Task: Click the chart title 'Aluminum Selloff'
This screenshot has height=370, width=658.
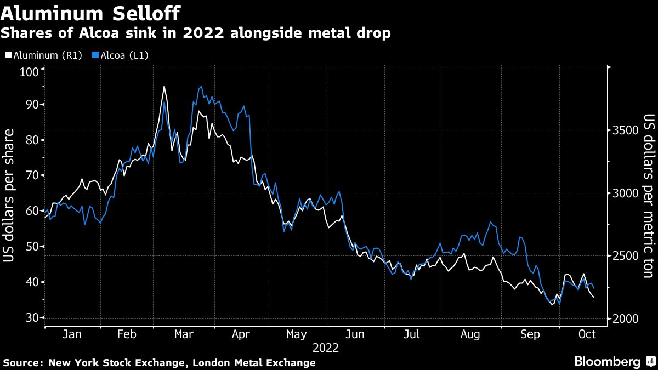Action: [90, 12]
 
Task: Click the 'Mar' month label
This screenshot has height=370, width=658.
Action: [184, 334]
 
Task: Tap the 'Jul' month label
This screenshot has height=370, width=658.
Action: [412, 334]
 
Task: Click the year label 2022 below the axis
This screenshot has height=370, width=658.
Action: [326, 348]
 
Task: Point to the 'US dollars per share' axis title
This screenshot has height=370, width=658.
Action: [10, 196]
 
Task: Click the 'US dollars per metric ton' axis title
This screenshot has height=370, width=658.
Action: [649, 196]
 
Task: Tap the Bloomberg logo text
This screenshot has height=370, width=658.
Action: [607, 361]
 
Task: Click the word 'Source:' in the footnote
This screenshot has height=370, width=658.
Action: [23, 362]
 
